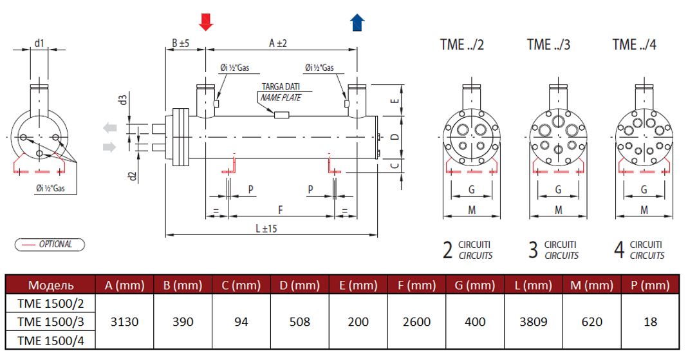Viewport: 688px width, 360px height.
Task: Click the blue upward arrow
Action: (x=357, y=23)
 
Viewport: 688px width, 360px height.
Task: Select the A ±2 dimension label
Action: (x=277, y=43)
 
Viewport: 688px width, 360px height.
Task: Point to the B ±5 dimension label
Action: (x=180, y=43)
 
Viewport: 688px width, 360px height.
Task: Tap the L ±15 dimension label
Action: (x=265, y=228)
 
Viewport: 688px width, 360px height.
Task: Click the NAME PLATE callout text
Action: (x=281, y=98)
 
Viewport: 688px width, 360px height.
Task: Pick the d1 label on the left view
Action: (x=39, y=44)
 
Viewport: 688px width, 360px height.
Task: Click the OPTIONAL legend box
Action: (x=49, y=245)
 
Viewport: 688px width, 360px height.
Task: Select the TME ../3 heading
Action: (x=548, y=44)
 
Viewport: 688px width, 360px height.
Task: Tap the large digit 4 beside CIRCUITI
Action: (x=619, y=250)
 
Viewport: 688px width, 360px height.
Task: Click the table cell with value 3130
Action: (x=124, y=321)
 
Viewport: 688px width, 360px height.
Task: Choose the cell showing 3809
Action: (x=534, y=321)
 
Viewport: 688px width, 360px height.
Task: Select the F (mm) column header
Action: (x=416, y=285)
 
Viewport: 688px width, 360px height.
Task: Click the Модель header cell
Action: (x=50, y=285)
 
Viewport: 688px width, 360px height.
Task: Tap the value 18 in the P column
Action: (x=650, y=321)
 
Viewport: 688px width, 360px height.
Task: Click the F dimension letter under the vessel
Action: (x=280, y=209)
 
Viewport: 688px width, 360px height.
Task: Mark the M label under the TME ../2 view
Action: (x=472, y=210)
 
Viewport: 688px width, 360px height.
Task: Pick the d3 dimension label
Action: (x=122, y=100)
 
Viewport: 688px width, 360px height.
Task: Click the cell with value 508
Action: (x=300, y=321)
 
